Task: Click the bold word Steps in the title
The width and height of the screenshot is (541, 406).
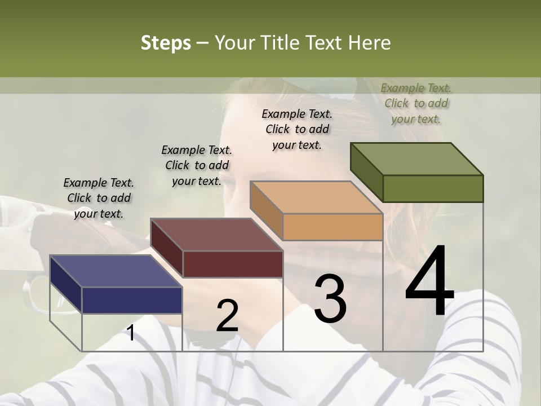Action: point(166,43)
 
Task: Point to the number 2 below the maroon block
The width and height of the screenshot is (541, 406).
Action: point(227,315)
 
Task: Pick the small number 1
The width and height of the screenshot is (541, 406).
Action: point(131,333)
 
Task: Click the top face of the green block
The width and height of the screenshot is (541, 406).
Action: point(417,158)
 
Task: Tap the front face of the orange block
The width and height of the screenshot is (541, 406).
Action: point(332,227)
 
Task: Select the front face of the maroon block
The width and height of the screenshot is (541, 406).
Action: point(233,264)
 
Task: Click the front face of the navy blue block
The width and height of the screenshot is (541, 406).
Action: point(132,300)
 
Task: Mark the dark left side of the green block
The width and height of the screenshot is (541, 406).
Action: point(366,172)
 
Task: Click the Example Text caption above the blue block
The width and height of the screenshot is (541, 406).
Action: point(99,198)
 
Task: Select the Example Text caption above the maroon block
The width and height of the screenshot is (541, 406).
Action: point(197,165)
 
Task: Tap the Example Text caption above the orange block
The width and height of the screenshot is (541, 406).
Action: point(297,129)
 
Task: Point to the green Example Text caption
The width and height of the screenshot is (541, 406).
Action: point(416,103)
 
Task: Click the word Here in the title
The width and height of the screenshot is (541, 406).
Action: point(370,43)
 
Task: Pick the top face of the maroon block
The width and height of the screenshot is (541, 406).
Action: point(216,234)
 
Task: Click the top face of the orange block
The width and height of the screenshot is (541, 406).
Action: point(316,197)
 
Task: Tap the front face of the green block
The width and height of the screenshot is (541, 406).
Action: point(433,188)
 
